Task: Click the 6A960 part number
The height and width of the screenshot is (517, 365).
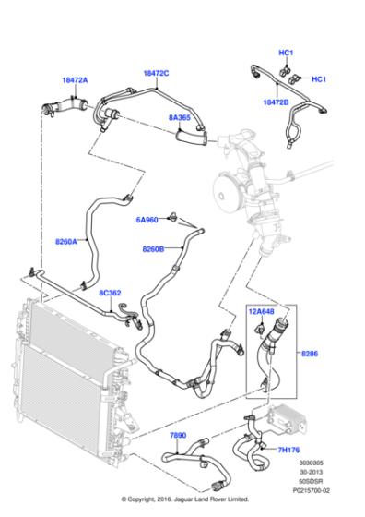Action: point(147,220)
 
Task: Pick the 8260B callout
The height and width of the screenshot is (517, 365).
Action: point(153,249)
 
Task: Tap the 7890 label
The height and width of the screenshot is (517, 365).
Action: point(178,434)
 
